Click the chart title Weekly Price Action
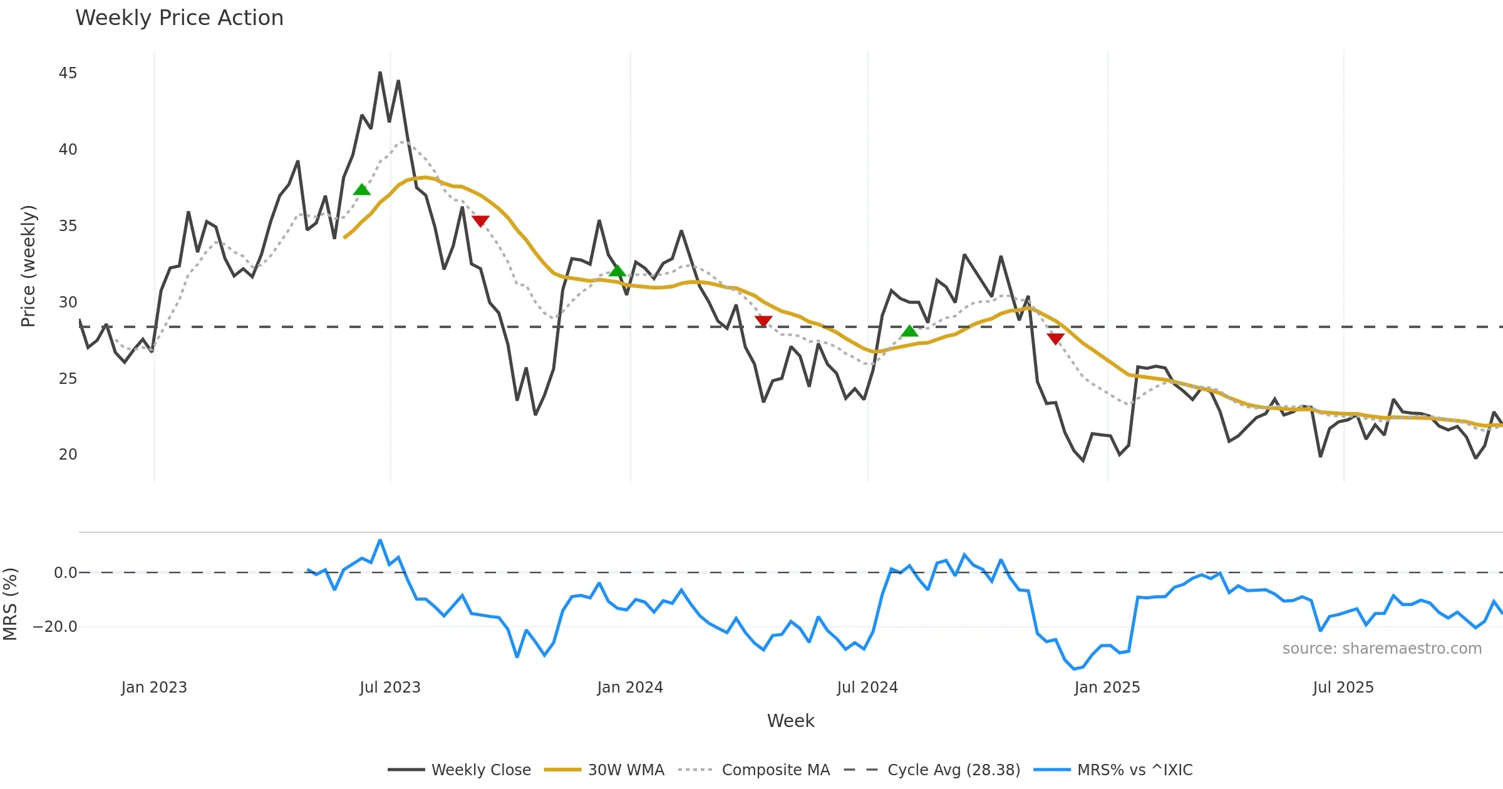tap(179, 18)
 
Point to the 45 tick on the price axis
tap(68, 73)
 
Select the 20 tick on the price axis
tap(68, 455)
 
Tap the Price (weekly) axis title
tap(28, 266)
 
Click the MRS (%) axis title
tap(10, 604)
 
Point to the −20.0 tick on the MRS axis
tap(55, 627)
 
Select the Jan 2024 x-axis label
tap(630, 688)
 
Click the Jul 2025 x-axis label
tap(1343, 688)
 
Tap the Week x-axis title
tap(790, 721)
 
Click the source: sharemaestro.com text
tap(1382, 649)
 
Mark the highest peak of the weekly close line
tap(380, 73)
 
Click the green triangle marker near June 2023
tap(362, 190)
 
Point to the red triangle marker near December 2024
tap(1055, 339)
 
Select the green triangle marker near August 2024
tap(909, 331)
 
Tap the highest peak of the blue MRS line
tap(380, 540)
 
